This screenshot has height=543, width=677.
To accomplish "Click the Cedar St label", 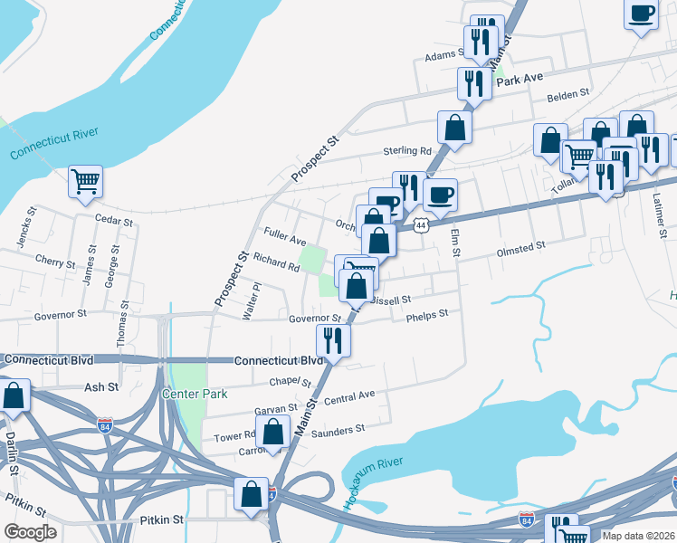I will (x=114, y=221).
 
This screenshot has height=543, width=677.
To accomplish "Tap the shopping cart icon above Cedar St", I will (x=85, y=181).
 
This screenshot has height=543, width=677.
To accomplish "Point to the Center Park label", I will (x=188, y=394).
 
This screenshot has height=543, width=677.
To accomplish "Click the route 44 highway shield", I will (x=422, y=224).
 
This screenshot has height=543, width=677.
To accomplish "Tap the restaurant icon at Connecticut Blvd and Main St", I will (x=332, y=341).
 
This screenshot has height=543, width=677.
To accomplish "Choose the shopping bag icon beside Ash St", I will (x=14, y=396).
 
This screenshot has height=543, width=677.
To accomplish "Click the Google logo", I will (x=30, y=532).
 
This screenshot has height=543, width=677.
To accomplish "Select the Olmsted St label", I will (x=520, y=245).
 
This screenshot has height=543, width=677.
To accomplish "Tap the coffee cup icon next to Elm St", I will (x=440, y=195).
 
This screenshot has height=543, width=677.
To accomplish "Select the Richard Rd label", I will (x=276, y=262).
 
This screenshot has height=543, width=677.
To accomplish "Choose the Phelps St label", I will (x=427, y=314).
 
